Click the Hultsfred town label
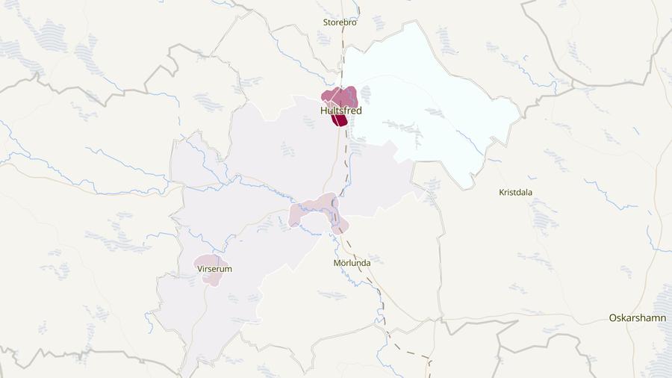coord(340,111)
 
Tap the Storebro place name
coord(340,22)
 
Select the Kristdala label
coord(516,192)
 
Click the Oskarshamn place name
coord(637,317)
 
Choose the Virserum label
coord(214,269)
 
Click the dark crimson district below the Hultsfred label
coord(340,120)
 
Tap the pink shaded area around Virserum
coord(209,279)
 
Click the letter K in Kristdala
coord(501,192)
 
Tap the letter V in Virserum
coord(200,269)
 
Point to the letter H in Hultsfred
coord(323,111)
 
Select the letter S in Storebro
coord(326,22)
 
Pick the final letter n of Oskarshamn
coord(662,317)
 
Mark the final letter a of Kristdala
coord(530,192)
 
